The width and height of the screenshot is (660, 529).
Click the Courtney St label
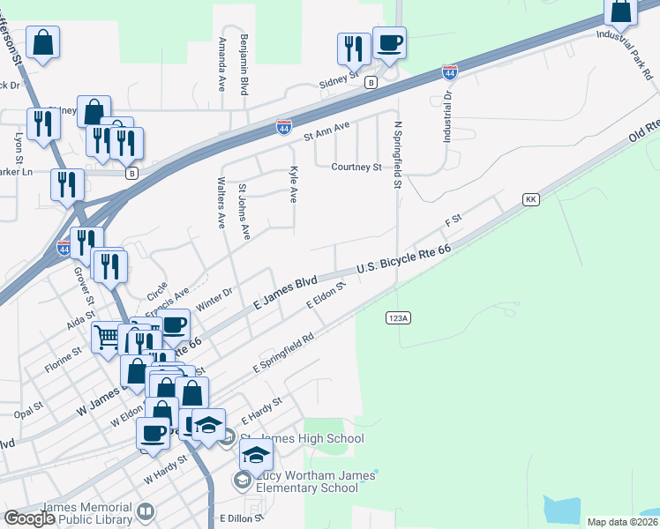tap(356, 167)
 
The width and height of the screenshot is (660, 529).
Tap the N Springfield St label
tap(398, 155)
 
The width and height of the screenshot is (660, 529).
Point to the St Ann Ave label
tap(326, 131)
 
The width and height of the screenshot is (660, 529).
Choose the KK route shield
tap(530, 200)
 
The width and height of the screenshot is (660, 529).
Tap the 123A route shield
tap(396, 317)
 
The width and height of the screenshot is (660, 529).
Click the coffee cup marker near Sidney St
tap(388, 41)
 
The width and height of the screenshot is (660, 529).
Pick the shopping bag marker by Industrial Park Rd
tap(621, 11)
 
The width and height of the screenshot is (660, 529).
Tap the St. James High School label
tap(302, 439)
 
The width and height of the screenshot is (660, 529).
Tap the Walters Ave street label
tap(221, 202)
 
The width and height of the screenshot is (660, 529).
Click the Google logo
tap(29, 518)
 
